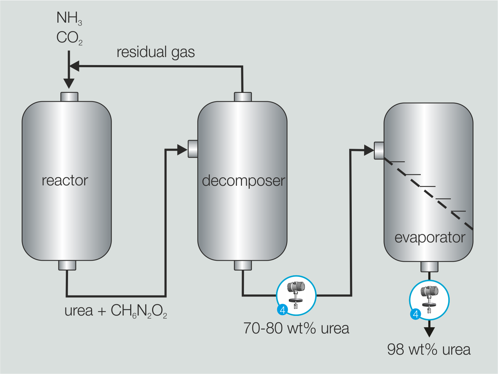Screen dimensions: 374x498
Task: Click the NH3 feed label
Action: tap(69, 18)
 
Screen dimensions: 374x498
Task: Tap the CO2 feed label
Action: tap(69, 38)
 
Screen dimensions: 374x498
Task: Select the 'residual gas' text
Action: tap(155, 52)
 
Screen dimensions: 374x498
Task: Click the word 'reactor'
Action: tap(65, 180)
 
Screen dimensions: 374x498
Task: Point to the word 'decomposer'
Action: tap(243, 181)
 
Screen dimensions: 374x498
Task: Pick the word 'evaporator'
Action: tap(430, 238)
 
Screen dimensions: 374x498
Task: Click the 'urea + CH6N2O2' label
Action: tap(116, 311)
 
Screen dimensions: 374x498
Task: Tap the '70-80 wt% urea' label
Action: tap(296, 328)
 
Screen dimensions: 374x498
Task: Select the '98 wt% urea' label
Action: tap(429, 350)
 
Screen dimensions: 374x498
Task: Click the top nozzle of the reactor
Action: tap(69, 97)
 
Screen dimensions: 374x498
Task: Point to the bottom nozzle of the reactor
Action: tap(67, 265)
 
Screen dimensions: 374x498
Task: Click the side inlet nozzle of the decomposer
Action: tap(193, 149)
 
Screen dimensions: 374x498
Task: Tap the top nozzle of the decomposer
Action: tap(243, 97)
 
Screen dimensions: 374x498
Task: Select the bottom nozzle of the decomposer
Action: tap(243, 265)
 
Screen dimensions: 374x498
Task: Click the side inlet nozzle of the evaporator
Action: tap(379, 150)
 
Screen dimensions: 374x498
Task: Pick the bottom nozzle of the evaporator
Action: tap(429, 267)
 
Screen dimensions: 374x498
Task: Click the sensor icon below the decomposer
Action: tap(296, 295)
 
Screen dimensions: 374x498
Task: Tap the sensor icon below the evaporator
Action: tap(429, 300)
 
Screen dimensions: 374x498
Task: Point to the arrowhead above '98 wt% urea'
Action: tap(429, 331)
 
